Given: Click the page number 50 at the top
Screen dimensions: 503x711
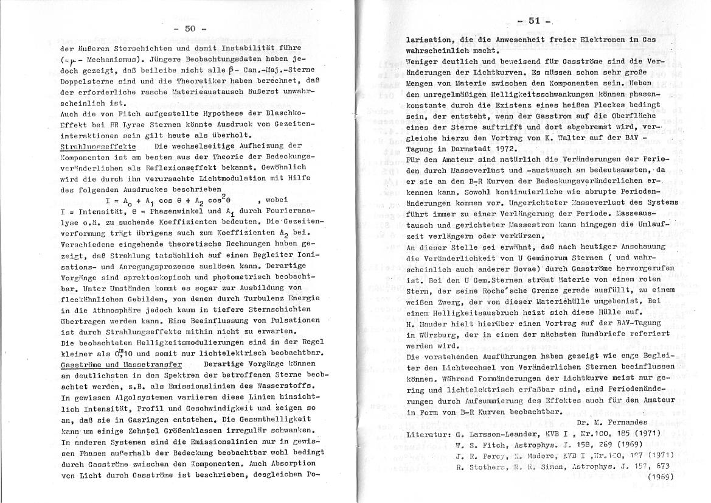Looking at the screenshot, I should [190, 28].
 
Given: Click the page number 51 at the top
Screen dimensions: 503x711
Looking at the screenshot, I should [535, 20].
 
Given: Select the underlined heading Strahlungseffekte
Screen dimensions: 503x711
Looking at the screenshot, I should [98, 146].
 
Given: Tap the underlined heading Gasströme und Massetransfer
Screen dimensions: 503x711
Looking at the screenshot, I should [122, 364].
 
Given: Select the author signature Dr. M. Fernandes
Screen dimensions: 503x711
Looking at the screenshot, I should [616, 423].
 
